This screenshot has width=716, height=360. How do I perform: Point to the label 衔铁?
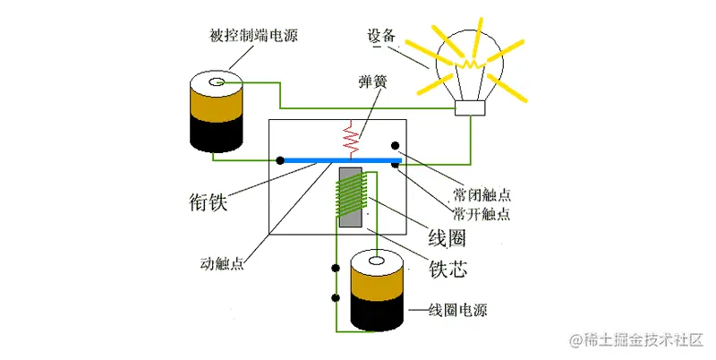(209, 201)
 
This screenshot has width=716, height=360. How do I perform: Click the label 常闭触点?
(482, 193)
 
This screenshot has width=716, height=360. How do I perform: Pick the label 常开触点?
(482, 214)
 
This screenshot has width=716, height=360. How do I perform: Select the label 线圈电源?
(459, 311)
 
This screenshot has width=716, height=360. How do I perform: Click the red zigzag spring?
(352, 137)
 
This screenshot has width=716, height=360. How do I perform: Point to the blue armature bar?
(340, 159)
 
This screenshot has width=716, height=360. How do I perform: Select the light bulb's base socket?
(470, 108)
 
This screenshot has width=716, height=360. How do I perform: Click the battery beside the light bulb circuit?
(217, 112)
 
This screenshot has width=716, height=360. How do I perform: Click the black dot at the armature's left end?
(281, 160)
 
